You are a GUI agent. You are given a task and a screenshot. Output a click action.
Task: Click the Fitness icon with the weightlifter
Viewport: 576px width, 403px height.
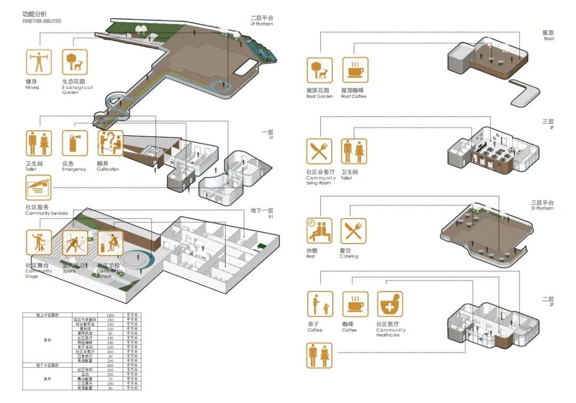(x=38, y=62)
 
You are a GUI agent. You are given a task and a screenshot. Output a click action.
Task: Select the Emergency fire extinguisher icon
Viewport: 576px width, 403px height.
(x=74, y=143)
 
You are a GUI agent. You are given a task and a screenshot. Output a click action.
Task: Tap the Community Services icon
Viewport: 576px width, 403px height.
(x=38, y=188)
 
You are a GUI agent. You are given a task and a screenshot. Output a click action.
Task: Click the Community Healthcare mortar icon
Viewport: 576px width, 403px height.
(x=390, y=304)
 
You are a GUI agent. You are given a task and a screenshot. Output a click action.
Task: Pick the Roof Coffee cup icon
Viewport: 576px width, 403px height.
(x=355, y=70)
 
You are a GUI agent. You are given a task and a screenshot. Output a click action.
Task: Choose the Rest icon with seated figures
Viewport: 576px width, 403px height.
(x=319, y=231)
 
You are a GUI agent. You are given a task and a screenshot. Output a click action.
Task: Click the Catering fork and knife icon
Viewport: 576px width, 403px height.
(x=353, y=231)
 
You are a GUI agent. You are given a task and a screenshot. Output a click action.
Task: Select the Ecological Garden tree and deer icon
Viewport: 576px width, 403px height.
(x=75, y=62)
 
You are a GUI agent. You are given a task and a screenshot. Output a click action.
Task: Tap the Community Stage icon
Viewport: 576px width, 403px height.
(x=38, y=243)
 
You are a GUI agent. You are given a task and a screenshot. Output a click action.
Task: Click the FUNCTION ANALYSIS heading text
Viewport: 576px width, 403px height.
(x=42, y=21)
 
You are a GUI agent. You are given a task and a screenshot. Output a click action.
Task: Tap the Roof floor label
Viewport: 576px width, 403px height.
(x=548, y=35)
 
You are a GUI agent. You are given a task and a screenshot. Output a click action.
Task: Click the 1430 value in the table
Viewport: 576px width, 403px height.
(x=111, y=316)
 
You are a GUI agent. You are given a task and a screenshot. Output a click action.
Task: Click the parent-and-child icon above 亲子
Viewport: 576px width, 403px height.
(x=319, y=304)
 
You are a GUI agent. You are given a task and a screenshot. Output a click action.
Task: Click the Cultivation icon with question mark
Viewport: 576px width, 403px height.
(x=110, y=143)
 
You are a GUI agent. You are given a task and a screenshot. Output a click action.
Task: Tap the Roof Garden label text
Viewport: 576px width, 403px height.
(x=319, y=93)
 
